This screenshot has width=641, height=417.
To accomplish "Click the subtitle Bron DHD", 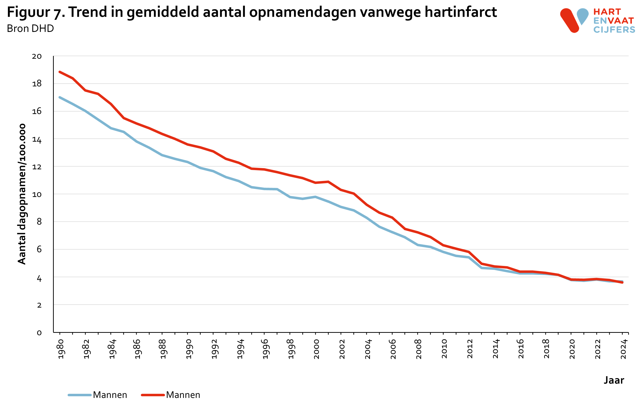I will (x=30, y=29).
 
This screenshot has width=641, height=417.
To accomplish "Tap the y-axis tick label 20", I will (x=37, y=56).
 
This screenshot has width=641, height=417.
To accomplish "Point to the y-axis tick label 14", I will (x=37, y=139).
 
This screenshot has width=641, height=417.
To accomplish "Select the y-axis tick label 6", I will (x=39, y=249).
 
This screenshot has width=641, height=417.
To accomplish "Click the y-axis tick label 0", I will (x=39, y=333).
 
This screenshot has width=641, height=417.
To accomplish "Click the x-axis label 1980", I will (x=61, y=349).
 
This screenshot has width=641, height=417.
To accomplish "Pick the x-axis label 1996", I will (x=266, y=349).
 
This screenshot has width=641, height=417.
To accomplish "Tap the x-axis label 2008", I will (x=419, y=349).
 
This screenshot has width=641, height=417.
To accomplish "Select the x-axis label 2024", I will (x=623, y=349).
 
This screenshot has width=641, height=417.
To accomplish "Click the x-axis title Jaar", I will (x=614, y=380).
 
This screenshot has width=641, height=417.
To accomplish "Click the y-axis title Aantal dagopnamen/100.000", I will (x=22, y=194).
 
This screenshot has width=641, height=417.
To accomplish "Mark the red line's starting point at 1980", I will (x=60, y=72).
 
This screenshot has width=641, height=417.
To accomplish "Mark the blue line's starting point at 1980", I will (x=60, y=97).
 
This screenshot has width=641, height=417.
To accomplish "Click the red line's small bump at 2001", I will (x=328, y=182).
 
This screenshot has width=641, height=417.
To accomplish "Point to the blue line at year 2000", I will (x=315, y=197).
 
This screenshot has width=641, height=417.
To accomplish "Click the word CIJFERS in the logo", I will (x=614, y=30).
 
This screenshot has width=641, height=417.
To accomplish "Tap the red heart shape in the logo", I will (x=569, y=20).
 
